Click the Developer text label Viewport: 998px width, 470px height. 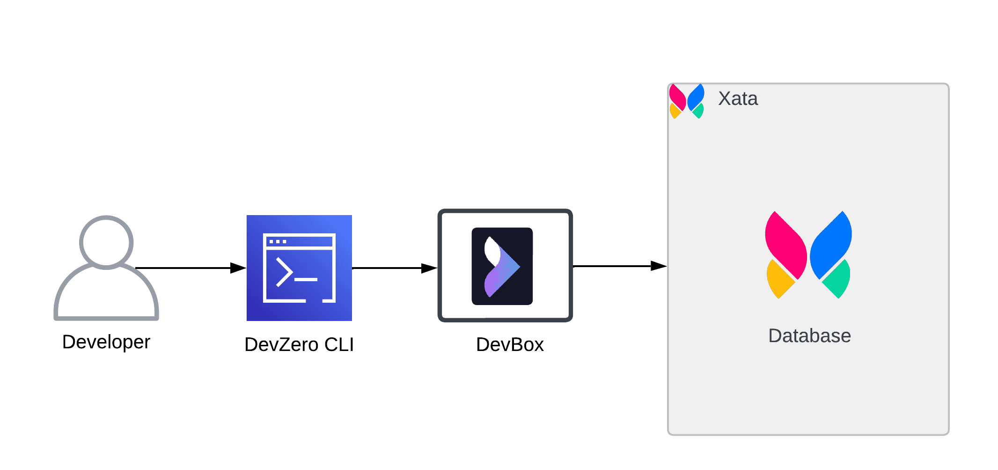pyautogui.click(x=106, y=342)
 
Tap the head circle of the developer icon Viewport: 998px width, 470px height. pyautogui.click(x=106, y=243)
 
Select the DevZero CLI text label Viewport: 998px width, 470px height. pyautogui.click(x=299, y=345)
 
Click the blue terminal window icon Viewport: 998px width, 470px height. pyautogui.click(x=299, y=268)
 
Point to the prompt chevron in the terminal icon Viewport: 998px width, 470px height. pyautogui.click(x=284, y=272)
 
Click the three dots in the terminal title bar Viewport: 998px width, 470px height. pyautogui.click(x=278, y=242)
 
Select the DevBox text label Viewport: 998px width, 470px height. pyautogui.click(x=510, y=345)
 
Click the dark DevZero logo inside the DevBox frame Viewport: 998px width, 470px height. pyautogui.click(x=502, y=266)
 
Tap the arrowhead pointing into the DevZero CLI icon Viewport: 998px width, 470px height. pyautogui.click(x=238, y=268)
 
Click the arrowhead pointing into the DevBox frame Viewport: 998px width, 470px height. pyautogui.click(x=429, y=268)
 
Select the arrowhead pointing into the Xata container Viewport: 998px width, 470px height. pyautogui.click(x=658, y=266)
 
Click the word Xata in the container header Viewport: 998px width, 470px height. pyautogui.click(x=738, y=99)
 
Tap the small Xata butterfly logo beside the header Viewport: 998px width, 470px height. pyautogui.click(x=686, y=101)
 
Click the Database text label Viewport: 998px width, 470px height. pyautogui.click(x=809, y=336)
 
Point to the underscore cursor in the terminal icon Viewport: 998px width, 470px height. pyautogui.click(x=306, y=280)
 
